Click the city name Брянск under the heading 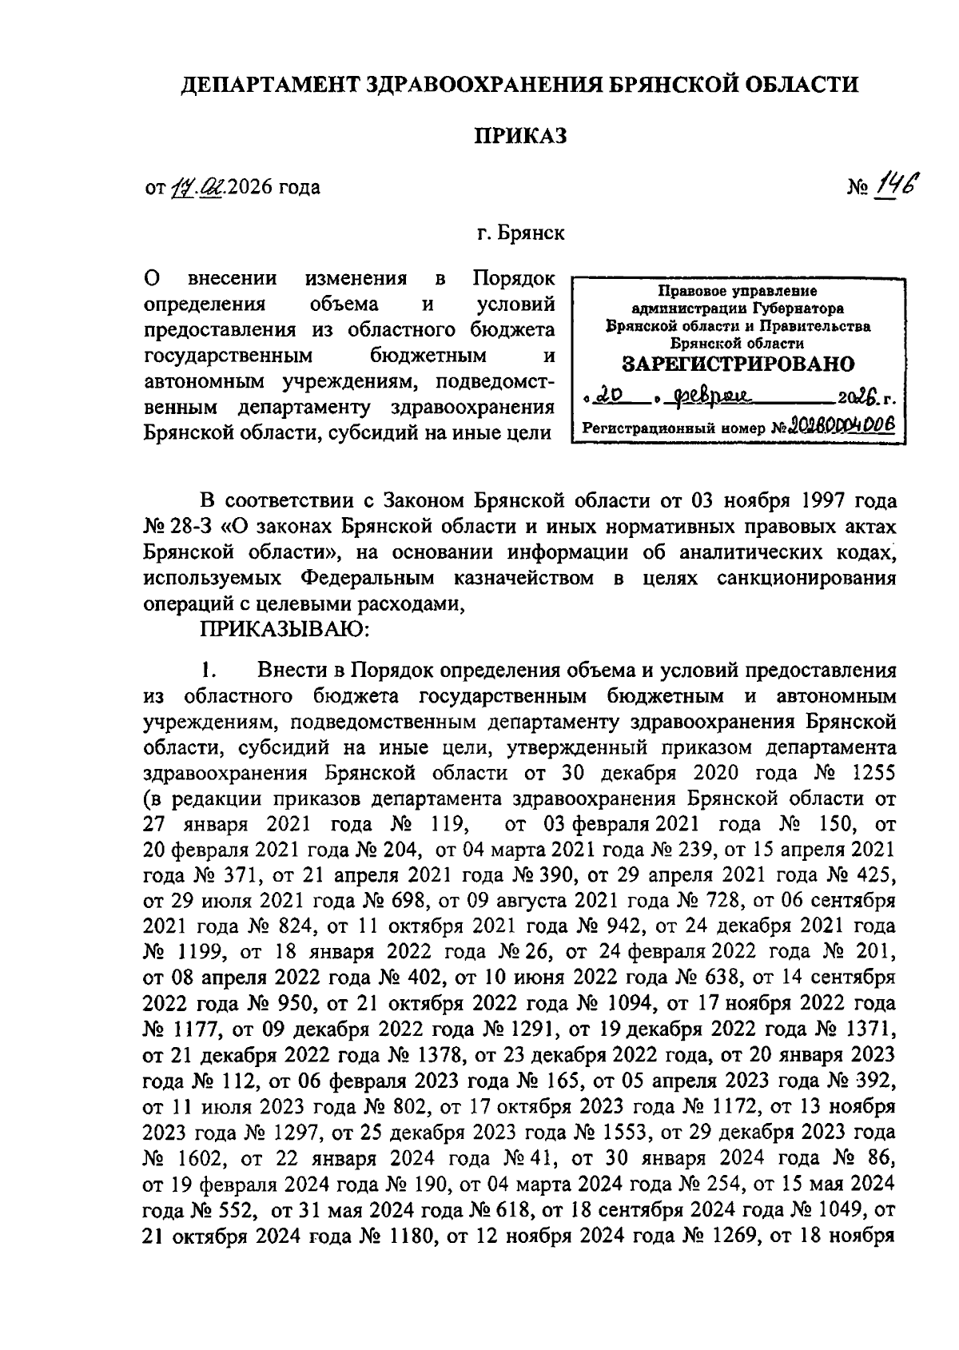[x=531, y=234]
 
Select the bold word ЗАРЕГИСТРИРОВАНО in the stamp [x=738, y=364]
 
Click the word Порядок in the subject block [x=513, y=279]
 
